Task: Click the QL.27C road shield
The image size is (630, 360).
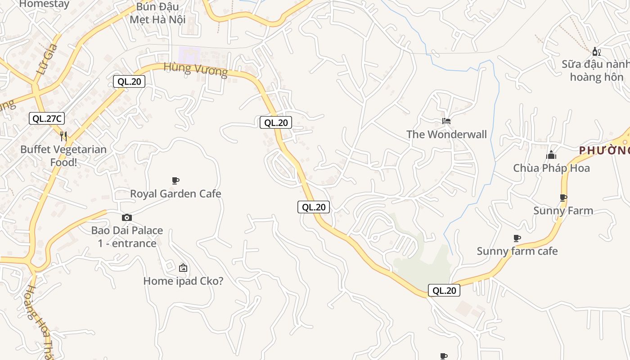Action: click(47, 119)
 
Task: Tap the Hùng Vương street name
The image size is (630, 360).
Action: click(196, 69)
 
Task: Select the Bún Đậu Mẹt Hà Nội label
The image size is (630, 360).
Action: click(157, 13)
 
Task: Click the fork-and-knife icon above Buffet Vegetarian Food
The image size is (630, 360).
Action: click(63, 136)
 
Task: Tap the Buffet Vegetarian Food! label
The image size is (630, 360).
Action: click(63, 156)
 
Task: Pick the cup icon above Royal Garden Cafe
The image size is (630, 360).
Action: click(175, 181)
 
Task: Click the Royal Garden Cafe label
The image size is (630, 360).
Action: click(175, 194)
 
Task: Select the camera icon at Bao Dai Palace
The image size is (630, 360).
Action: click(127, 218)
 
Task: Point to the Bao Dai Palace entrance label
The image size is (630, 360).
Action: click(127, 237)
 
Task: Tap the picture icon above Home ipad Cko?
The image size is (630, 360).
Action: click(183, 268)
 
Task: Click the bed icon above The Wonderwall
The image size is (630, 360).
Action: click(446, 121)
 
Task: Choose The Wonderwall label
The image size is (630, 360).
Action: click(446, 135)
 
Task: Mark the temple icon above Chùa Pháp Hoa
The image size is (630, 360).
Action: click(551, 155)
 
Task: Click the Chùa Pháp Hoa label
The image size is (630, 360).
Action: click(551, 168)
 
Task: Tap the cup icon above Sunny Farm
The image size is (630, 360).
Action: click(563, 198)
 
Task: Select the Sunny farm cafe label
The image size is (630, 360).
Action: click(517, 251)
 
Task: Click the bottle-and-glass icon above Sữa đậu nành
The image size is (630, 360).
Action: click(597, 52)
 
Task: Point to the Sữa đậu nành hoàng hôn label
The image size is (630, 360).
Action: click(595, 71)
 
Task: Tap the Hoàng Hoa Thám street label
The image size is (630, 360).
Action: click(39, 322)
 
